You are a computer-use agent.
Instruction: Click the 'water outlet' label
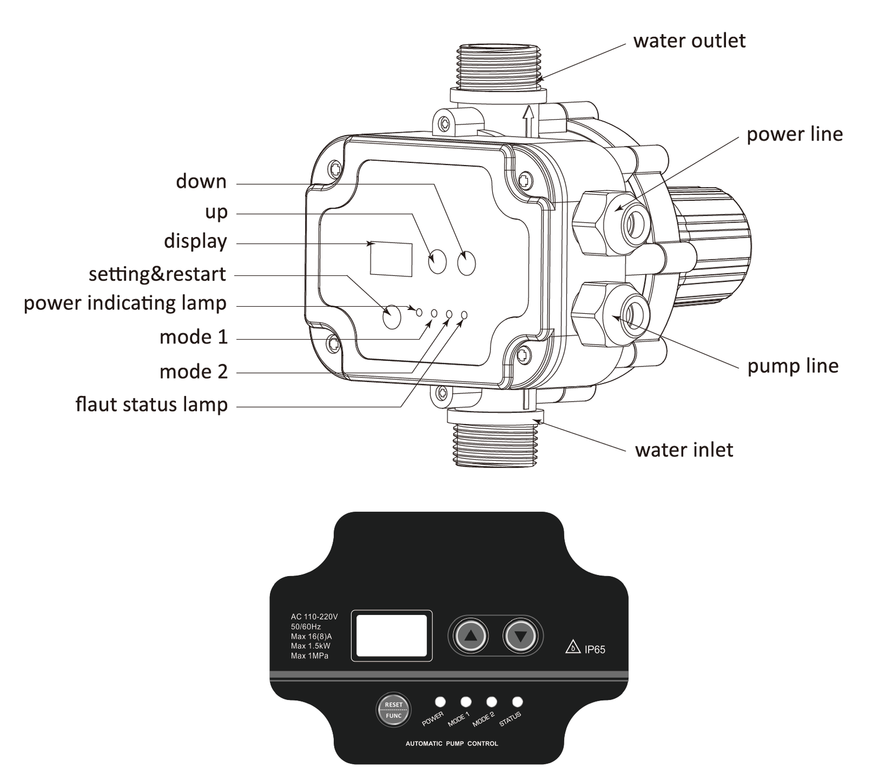[689, 41]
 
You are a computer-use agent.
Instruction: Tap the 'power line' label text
[794, 134]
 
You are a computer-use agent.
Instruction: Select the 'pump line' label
[792, 366]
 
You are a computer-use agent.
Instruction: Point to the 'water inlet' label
[684, 450]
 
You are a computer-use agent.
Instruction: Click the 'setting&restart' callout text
[157, 274]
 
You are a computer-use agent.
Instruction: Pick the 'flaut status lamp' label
[151, 405]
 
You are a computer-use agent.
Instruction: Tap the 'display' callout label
[195, 241]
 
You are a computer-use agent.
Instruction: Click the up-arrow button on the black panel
[470, 636]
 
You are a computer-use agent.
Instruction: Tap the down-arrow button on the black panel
[520, 636]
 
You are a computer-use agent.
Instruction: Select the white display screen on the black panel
[391, 635]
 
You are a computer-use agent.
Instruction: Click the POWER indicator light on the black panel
[440, 702]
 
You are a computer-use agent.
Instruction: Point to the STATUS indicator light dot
[517, 702]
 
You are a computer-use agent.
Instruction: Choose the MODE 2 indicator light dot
[492, 702]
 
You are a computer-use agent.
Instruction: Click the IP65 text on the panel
[594, 650]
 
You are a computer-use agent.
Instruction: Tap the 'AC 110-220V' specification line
[314, 617]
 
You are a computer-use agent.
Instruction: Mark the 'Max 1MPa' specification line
[309, 656]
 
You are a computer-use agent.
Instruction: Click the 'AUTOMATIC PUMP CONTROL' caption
[452, 744]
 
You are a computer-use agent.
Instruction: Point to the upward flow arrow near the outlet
[528, 120]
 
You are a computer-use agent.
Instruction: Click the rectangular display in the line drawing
[391, 259]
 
